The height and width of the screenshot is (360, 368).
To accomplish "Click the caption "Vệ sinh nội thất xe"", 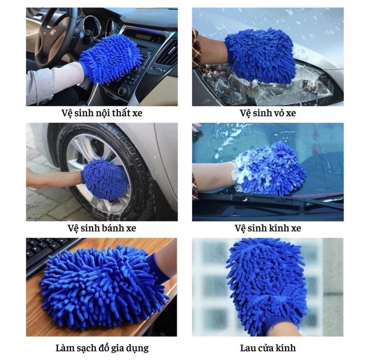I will tap(102, 113).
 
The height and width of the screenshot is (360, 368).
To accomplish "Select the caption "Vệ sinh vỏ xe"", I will tap(268, 113).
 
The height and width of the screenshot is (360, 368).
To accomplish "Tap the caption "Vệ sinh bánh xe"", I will tap(102, 228).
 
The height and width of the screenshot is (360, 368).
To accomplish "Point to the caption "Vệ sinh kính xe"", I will tap(268, 228).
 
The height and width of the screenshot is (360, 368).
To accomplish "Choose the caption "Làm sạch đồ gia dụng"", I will tap(102, 348).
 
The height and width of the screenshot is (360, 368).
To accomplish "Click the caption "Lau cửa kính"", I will tap(268, 348).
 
